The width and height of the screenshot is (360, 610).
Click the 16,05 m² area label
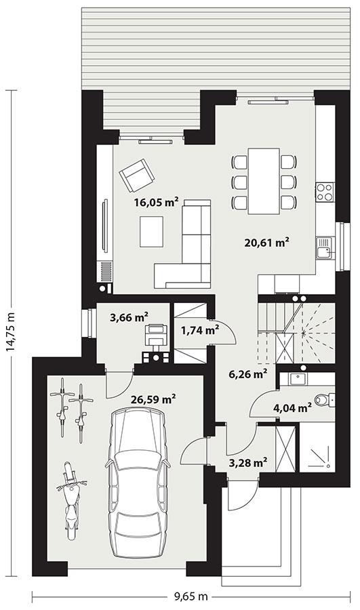coord(156,201)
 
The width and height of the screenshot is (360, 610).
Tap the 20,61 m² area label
coord(267,241)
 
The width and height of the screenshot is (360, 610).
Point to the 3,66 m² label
coord(128,317)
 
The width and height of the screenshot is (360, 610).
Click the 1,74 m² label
coord(200,330)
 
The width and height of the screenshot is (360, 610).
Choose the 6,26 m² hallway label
coord(247,373)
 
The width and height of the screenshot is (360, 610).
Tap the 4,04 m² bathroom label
coord(292,407)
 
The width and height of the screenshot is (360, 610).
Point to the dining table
coord(264,181)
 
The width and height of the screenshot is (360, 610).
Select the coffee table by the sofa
coord(151,231)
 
